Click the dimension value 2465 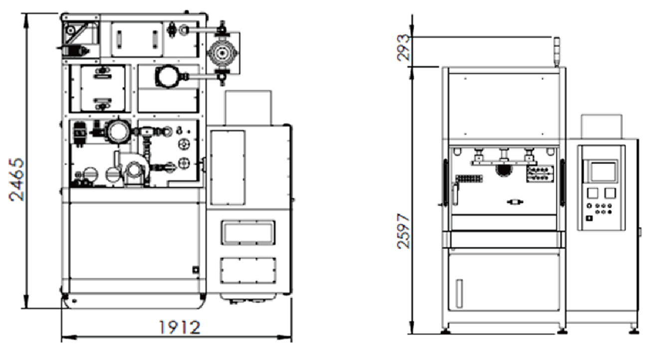[17, 179]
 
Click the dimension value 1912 [180, 328]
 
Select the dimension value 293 [403, 47]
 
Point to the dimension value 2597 [403, 231]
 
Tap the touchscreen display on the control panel [603, 172]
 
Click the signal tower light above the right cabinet [557, 52]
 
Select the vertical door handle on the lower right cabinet [459, 293]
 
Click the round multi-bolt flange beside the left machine [222, 53]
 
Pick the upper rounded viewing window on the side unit [248, 233]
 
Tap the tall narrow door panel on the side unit [228, 168]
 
